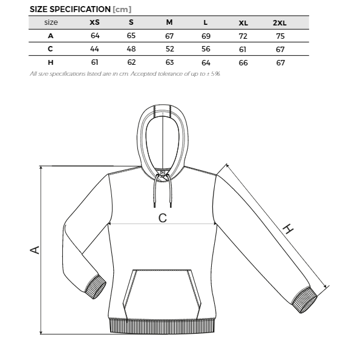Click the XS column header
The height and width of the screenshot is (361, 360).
coord(94,22)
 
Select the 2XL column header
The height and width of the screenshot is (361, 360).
coord(280,23)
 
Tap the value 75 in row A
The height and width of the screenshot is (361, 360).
coord(280,36)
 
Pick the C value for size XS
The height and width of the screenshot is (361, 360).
coord(94,49)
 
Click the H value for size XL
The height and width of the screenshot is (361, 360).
coord(243,63)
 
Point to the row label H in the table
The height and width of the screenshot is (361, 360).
coord(51,62)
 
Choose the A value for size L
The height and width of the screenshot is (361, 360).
coord(206,36)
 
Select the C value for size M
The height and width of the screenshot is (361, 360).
coord(170,49)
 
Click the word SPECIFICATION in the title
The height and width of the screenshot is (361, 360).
coord(80,10)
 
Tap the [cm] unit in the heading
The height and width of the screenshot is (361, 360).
coord(122,10)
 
